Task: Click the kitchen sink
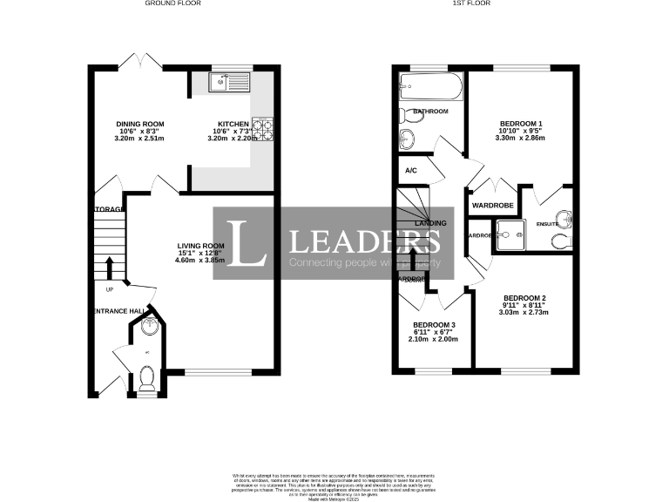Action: click(227, 83)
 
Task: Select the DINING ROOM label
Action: click(140, 124)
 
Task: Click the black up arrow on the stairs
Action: click(110, 267)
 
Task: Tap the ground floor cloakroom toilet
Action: click(146, 377)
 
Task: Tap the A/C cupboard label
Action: click(411, 171)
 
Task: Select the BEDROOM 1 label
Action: click(519, 123)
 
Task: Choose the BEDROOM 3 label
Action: click(433, 325)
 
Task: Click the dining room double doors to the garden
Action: click(140, 61)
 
